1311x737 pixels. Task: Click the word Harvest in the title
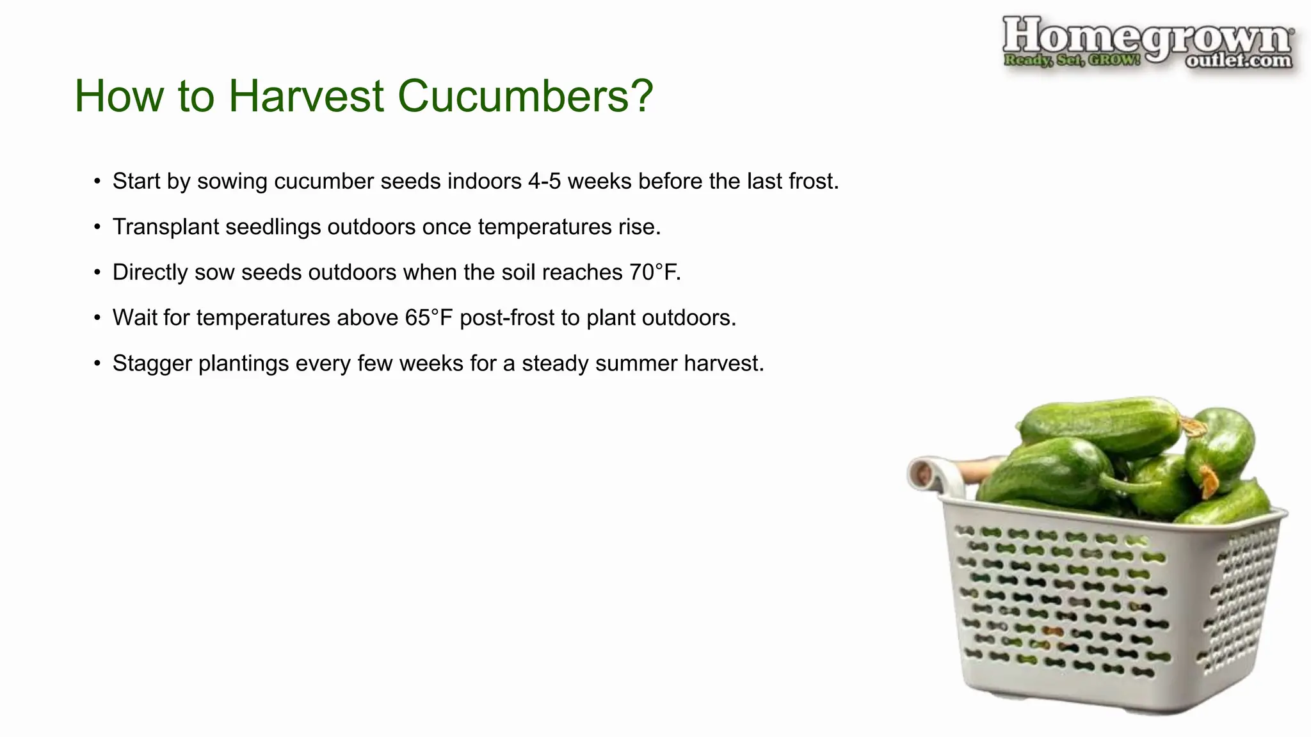pyautogui.click(x=306, y=97)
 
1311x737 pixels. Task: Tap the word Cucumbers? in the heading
pyautogui.click(x=525, y=97)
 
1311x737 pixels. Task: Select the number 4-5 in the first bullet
pyautogui.click(x=544, y=182)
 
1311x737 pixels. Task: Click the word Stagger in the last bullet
pyautogui.click(x=152, y=363)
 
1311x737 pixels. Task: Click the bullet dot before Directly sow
pyautogui.click(x=97, y=273)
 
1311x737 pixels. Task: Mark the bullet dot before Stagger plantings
pyautogui.click(x=97, y=364)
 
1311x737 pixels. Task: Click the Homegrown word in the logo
pyautogui.click(x=1146, y=37)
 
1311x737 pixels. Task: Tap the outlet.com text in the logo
pyautogui.click(x=1238, y=61)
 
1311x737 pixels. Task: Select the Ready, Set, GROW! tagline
pyautogui.click(x=1072, y=61)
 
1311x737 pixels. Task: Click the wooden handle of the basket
pyautogui.click(x=976, y=472)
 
